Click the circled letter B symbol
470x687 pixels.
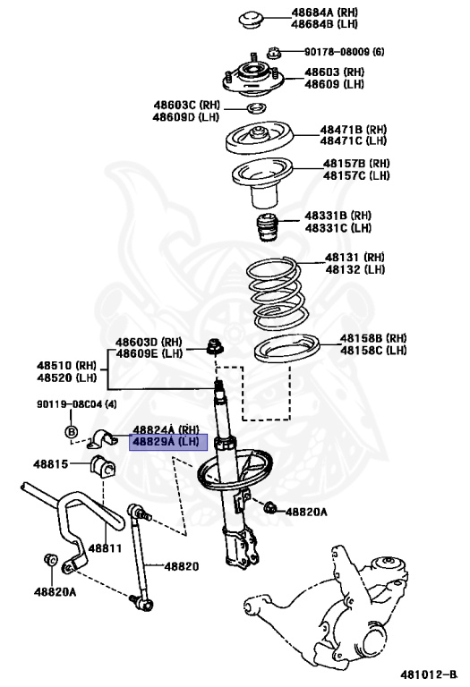click(x=72, y=433)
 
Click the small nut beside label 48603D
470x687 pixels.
click(x=216, y=345)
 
